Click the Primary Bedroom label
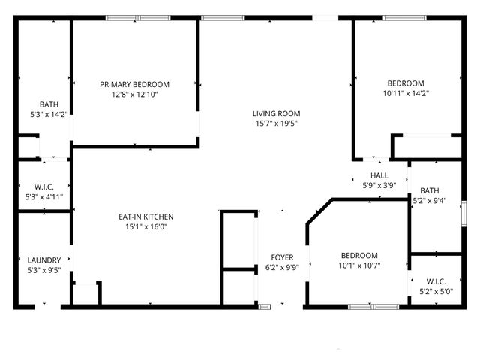(x=135, y=84)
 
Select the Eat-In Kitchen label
(x=146, y=217)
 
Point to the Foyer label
(x=282, y=257)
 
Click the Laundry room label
(x=43, y=260)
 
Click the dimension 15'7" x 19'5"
(x=276, y=124)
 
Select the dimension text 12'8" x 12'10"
(x=135, y=94)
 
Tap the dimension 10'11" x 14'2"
(x=406, y=94)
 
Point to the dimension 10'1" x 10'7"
(x=358, y=265)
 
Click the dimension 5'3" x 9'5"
(x=43, y=271)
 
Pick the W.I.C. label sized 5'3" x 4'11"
(x=43, y=187)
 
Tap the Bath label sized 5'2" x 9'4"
(x=430, y=190)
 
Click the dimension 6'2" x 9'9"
(x=282, y=268)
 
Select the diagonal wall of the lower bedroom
(x=319, y=211)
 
